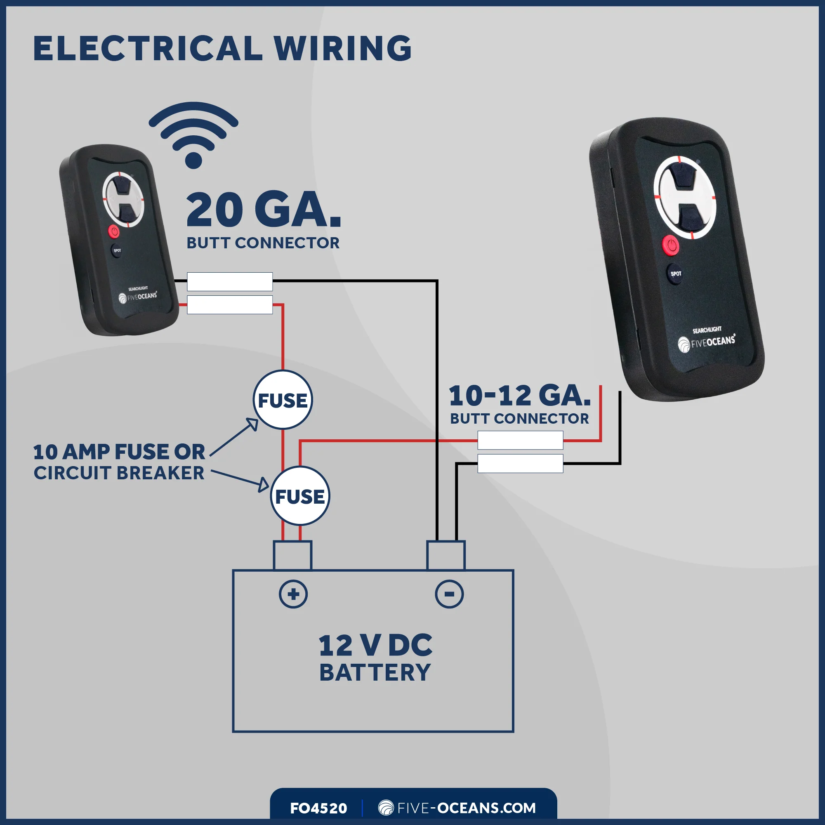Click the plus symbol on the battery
293,594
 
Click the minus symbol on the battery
449,594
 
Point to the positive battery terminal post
292,555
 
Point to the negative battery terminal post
446,555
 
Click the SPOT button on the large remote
676,274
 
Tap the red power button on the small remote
113,231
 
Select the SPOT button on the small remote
117,250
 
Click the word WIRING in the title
342,48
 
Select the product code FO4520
318,808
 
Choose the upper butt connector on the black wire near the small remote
230,281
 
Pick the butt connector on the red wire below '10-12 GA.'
520,440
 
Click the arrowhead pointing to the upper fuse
253,424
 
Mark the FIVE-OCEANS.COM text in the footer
457,808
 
